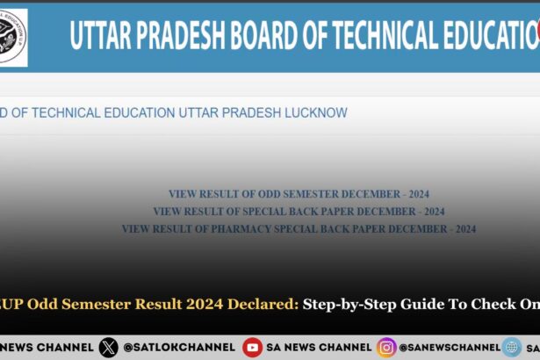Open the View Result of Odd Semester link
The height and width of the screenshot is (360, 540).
(299, 194)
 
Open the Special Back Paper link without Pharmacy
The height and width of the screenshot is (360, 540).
(299, 212)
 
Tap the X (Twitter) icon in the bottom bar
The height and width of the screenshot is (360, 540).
(108, 347)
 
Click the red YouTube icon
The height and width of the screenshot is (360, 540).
(252, 347)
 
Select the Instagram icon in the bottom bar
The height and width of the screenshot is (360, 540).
(386, 347)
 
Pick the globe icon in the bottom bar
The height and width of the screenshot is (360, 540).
(512, 347)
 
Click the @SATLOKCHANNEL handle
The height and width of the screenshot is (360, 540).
(179, 347)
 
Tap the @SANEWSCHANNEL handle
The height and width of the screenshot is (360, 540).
(449, 347)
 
